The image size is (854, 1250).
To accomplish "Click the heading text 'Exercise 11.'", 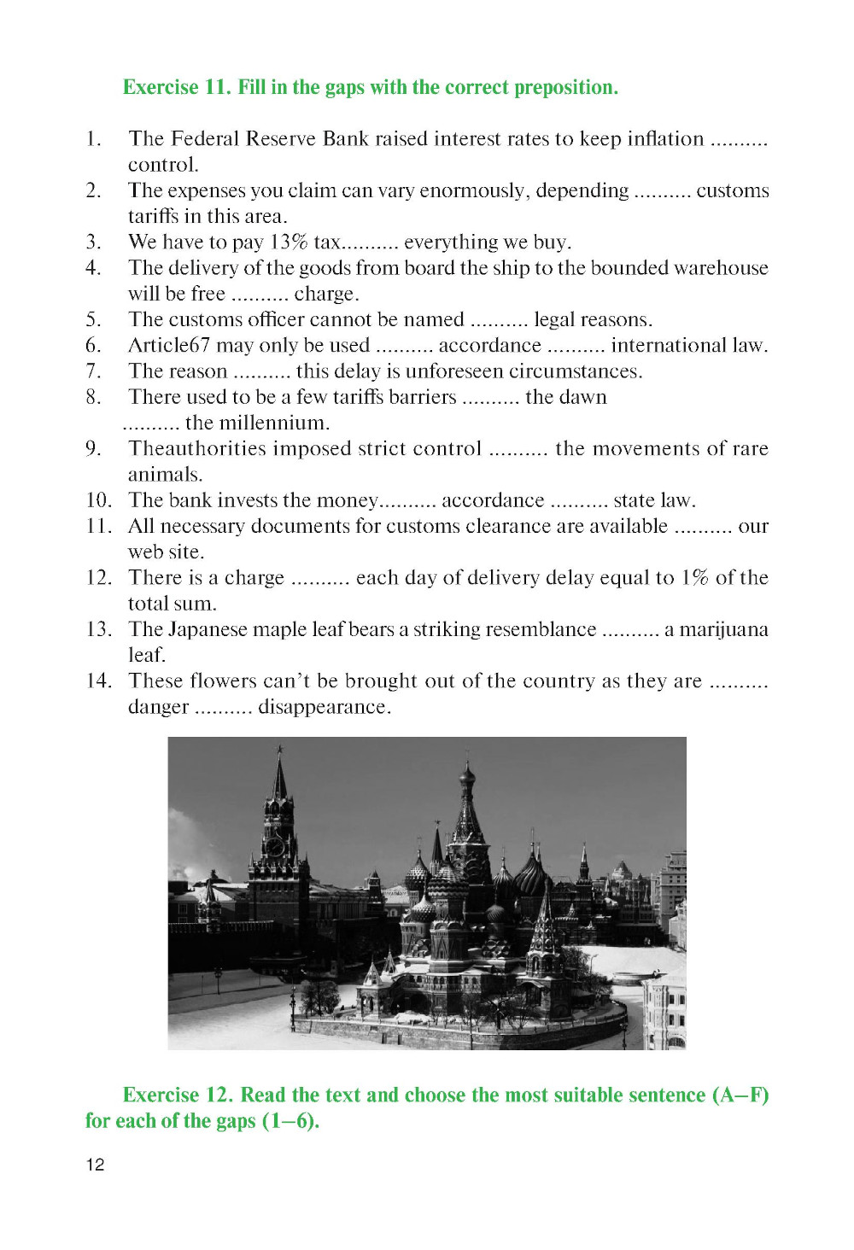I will [x=176, y=88].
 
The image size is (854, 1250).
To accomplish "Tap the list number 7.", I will [x=93, y=371].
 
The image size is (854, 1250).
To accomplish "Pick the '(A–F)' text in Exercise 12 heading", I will [x=740, y=1095].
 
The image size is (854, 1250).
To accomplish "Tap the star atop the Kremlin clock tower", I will [x=279, y=749].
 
